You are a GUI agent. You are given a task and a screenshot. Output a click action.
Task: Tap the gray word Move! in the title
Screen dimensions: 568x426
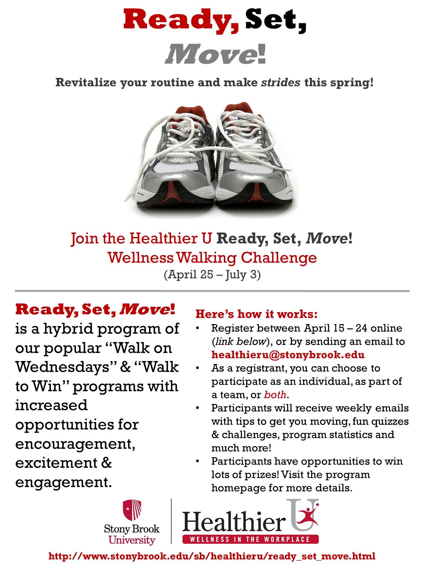216,54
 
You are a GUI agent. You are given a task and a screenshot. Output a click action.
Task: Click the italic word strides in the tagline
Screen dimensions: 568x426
281,82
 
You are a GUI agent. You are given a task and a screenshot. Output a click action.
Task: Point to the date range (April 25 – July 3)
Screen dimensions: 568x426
212,275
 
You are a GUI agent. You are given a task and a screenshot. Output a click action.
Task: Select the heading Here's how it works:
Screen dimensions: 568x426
256,314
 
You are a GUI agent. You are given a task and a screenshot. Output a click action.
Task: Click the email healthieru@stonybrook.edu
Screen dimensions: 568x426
288,355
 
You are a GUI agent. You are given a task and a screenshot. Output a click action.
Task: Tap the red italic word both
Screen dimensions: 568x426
275,395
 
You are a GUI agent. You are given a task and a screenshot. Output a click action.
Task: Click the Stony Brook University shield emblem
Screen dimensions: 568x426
132,510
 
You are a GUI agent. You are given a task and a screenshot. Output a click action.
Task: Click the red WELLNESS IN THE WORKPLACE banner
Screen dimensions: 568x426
250,539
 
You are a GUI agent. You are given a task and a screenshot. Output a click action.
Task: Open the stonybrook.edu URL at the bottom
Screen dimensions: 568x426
212,556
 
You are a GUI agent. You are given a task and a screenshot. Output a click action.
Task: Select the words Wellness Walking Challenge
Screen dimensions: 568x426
212,258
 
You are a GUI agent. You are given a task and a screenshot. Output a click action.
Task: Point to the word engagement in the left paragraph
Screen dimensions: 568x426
63,482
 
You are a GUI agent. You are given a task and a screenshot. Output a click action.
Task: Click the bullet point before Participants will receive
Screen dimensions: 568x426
197,408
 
